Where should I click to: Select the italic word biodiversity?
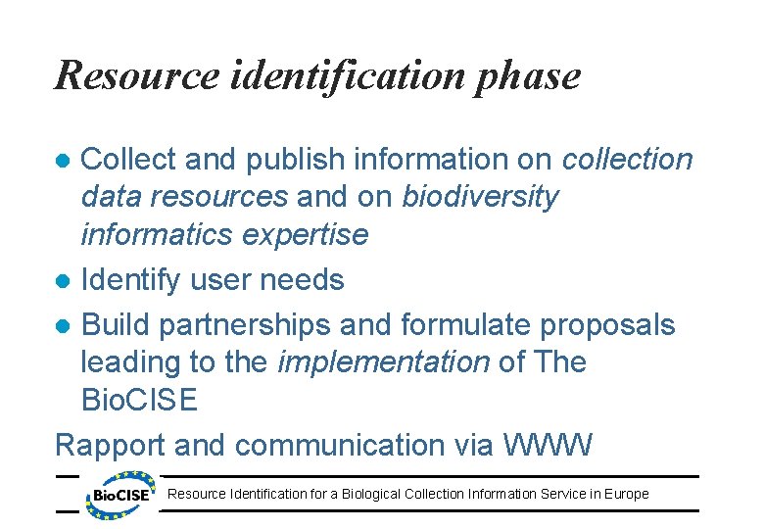point(480,197)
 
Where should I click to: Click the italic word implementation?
point(383,362)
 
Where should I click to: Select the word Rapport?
point(110,445)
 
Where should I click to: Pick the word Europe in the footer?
point(627,494)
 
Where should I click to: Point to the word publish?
point(285,158)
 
